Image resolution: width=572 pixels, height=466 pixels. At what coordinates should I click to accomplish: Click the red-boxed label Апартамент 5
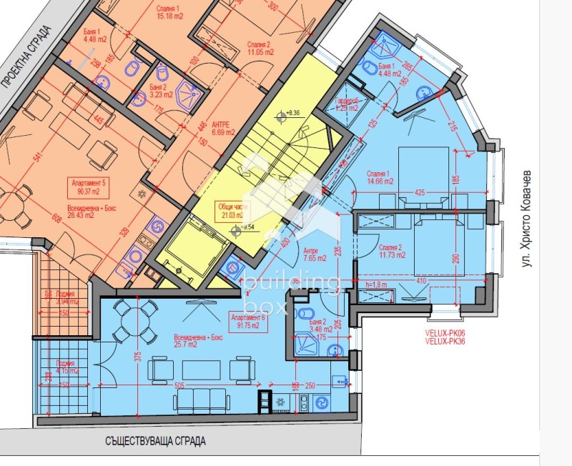click(x=89, y=182)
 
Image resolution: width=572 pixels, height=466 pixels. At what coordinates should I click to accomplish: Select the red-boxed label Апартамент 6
click(x=248, y=317)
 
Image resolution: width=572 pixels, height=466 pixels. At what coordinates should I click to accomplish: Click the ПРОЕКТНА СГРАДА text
click(x=26, y=56)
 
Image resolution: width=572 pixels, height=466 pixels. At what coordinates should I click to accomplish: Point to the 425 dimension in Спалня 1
click(x=420, y=192)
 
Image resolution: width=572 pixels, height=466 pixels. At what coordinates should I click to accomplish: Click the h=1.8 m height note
click(x=377, y=285)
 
